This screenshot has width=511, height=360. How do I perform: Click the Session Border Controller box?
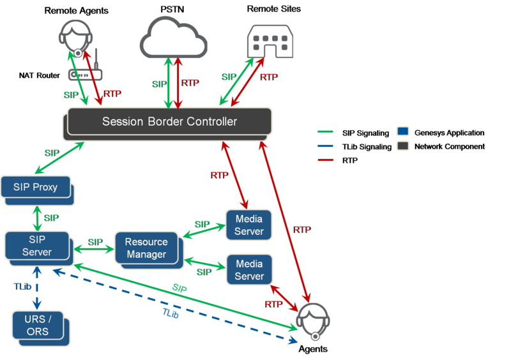(167, 124)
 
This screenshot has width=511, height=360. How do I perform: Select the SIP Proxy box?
(38, 191)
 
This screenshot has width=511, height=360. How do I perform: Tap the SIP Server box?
(39, 248)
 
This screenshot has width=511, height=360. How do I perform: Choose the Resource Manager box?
(149, 250)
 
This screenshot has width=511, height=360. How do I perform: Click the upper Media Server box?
(249, 225)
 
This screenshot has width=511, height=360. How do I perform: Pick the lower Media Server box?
(249, 270)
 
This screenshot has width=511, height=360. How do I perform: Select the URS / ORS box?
(41, 328)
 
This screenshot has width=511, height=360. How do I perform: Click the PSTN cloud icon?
(174, 38)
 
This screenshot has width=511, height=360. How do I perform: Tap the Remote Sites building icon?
(270, 41)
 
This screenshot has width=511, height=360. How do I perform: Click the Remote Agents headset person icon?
(75, 38)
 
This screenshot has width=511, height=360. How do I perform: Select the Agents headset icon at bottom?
(313, 322)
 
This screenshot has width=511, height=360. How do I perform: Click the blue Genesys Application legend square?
(403, 131)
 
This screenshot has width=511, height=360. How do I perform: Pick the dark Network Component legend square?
(403, 146)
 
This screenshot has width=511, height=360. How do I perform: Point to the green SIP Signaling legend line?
(325, 132)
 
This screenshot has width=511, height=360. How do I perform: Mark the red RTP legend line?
(325, 160)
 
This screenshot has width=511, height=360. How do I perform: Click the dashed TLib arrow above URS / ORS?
(37, 288)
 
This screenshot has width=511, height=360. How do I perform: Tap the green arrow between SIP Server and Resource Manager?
(94, 250)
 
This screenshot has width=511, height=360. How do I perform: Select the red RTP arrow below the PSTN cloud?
(178, 83)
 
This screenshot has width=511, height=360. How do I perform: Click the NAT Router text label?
(40, 75)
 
